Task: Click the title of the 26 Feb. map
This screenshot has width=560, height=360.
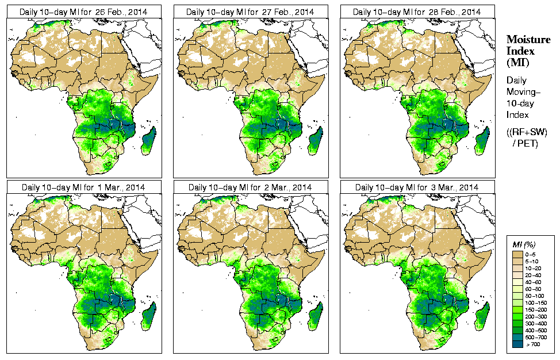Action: coord(83,12)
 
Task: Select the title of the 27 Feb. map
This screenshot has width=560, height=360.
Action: coord(250,12)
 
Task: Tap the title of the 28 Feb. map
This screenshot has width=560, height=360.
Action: coord(417,12)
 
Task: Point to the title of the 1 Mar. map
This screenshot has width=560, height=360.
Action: coord(83,187)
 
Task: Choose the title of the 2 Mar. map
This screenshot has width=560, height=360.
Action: coord(250,187)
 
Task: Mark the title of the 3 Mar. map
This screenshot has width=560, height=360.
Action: coord(417,187)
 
